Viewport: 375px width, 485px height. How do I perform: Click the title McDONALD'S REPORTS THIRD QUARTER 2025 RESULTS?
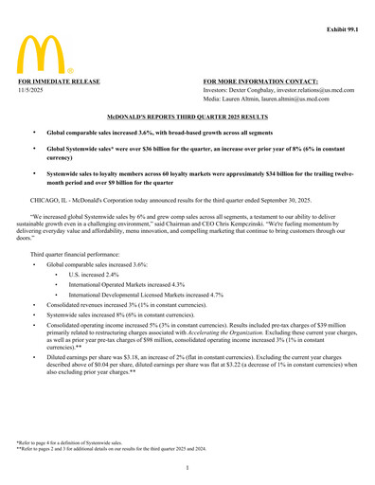tap(187, 116)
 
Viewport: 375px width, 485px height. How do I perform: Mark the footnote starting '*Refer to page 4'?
tap(67, 440)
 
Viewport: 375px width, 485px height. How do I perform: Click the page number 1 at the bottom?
tap(187, 468)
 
